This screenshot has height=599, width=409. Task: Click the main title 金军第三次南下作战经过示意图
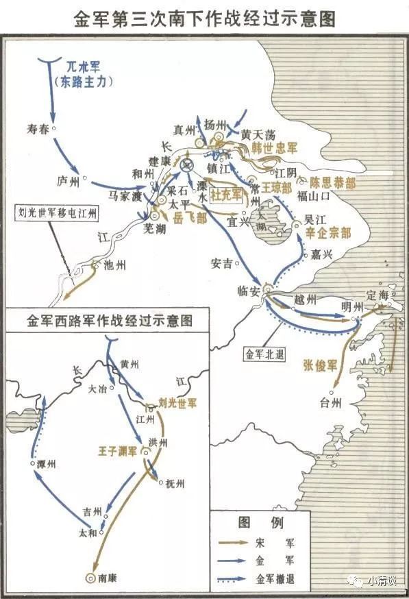(x=204, y=19)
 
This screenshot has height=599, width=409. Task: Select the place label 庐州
(x=69, y=180)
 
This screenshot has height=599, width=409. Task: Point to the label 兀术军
(x=87, y=67)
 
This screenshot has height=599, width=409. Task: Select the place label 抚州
(x=175, y=483)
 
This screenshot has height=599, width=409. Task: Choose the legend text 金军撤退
(x=276, y=578)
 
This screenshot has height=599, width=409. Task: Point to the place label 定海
(x=377, y=296)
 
